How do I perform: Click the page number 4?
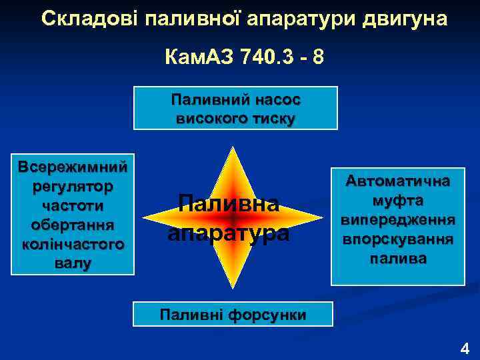(465, 347)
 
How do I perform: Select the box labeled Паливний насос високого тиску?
(235, 108)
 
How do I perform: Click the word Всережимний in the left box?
(73, 166)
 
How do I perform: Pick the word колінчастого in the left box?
(73, 244)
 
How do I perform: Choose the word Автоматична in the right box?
(397, 181)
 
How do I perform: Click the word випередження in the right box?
(397, 219)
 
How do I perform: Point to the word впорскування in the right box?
(397, 239)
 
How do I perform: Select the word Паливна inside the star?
(228, 203)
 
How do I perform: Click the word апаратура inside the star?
(228, 233)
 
